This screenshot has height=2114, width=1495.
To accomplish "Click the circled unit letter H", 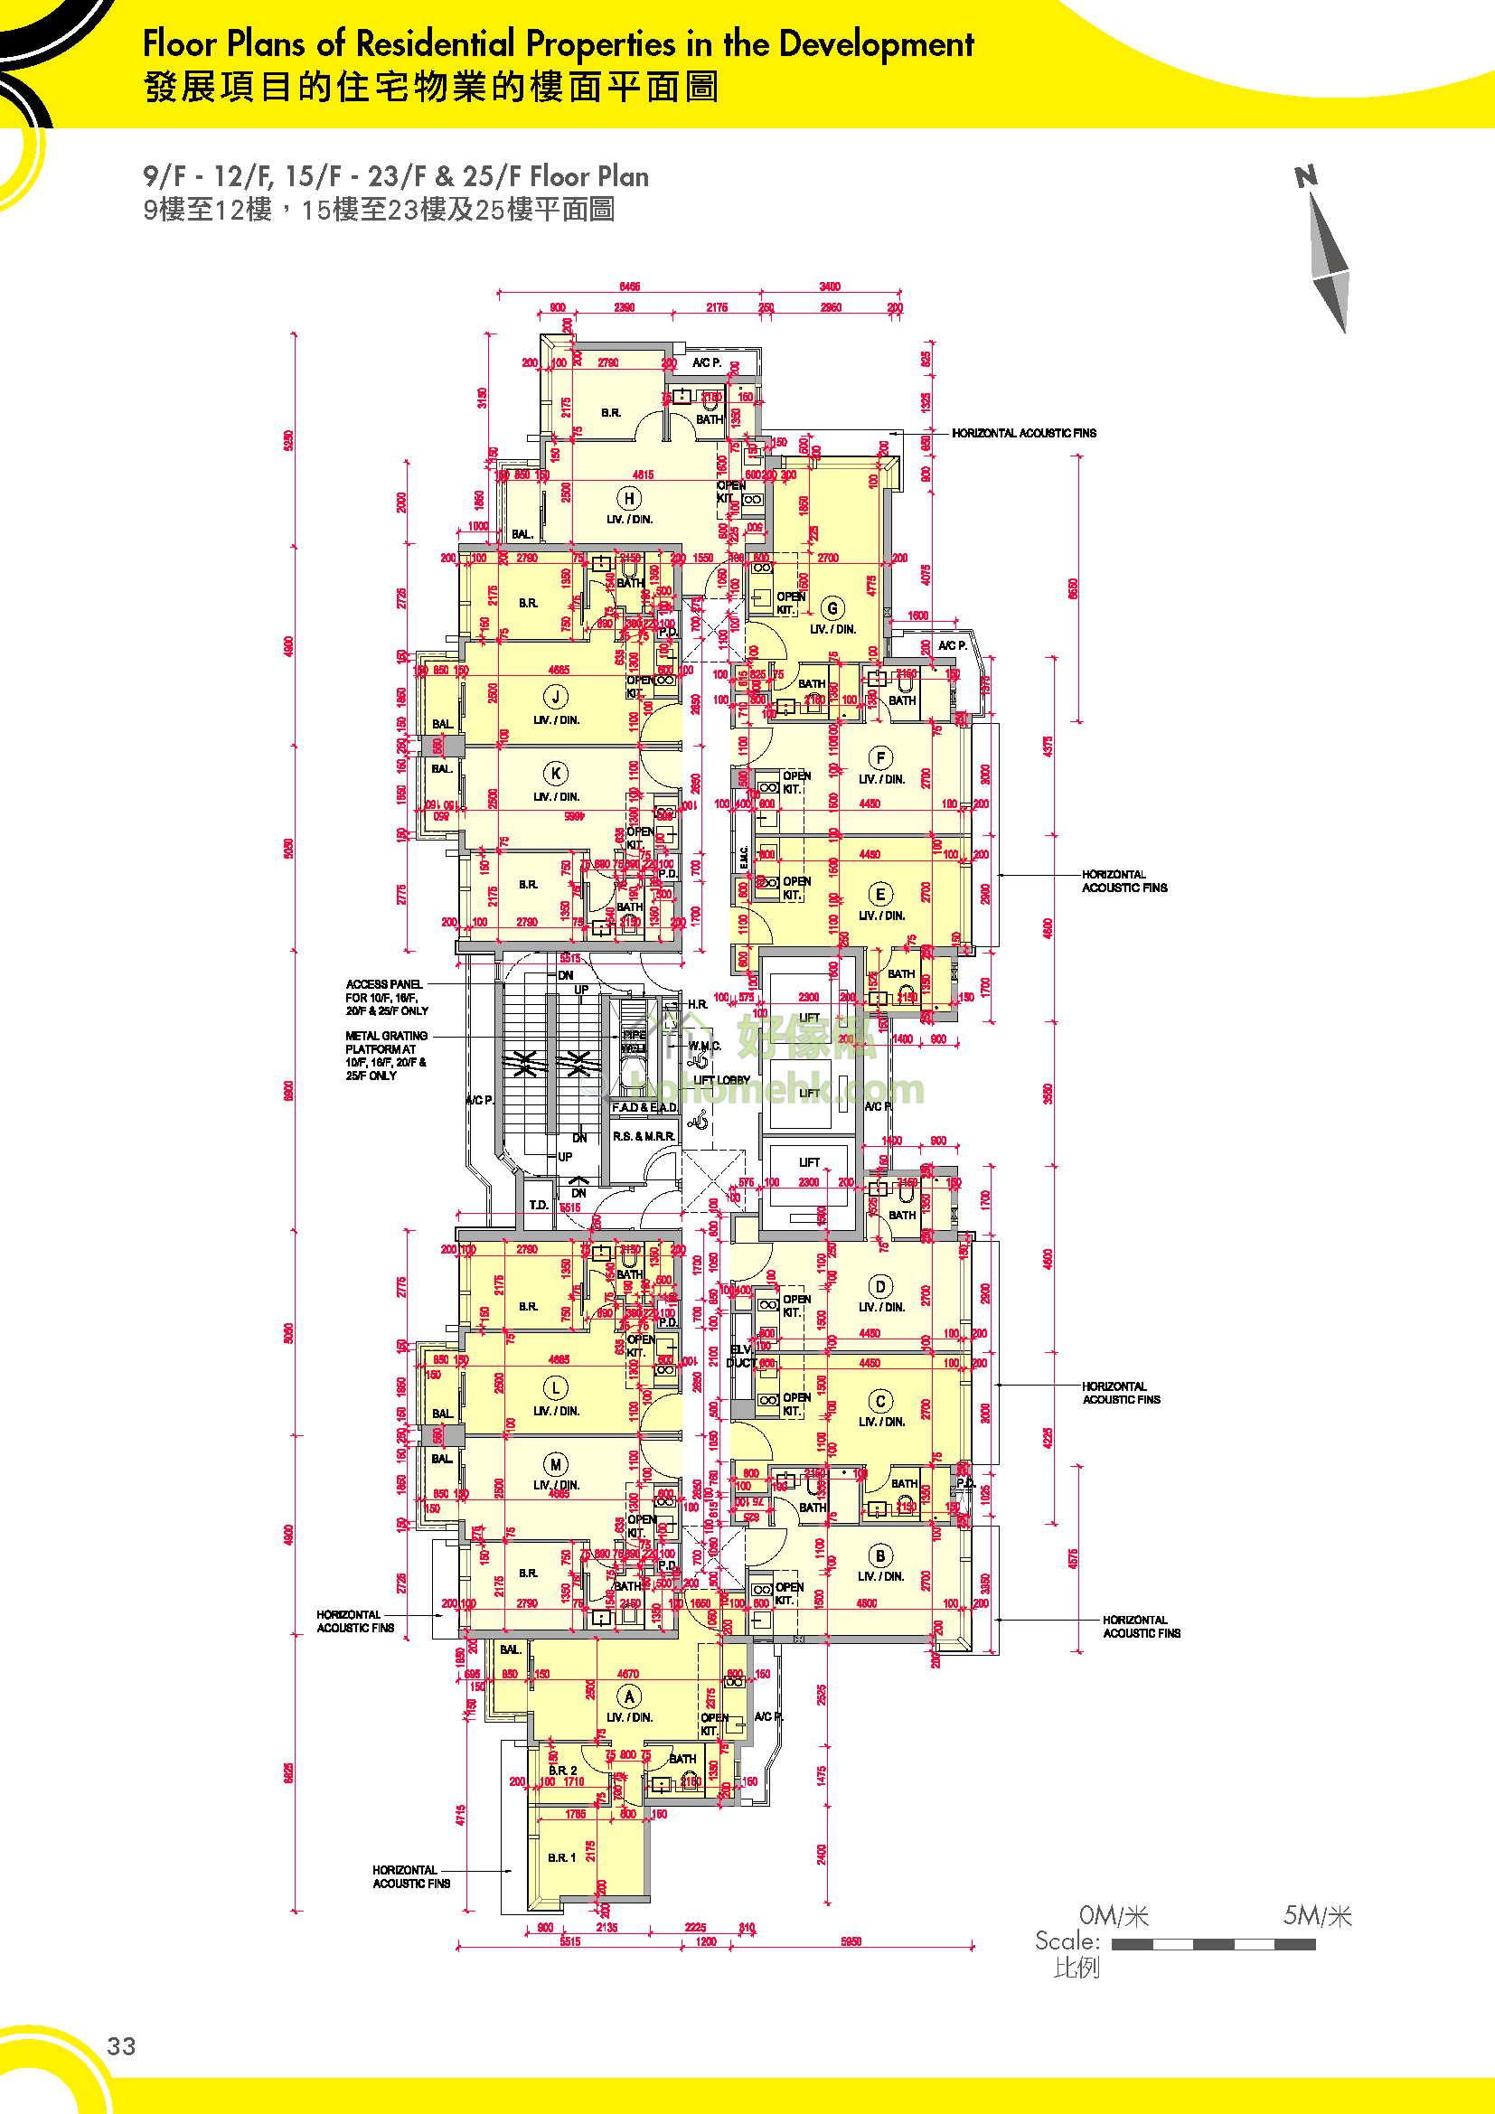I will tap(629, 498).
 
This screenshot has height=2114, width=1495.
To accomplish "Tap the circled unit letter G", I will tap(832, 607).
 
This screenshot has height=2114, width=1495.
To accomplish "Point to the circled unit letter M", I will tap(555, 1464).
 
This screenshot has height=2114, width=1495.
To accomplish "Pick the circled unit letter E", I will tap(880, 894).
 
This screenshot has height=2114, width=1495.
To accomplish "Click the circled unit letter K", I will tap(555, 774).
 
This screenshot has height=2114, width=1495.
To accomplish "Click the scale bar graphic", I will tap(1212, 1944).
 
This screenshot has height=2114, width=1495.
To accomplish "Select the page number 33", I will tap(121, 2046).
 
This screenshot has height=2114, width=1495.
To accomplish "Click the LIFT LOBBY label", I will tap(721, 1080).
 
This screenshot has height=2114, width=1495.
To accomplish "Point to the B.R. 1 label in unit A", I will tap(561, 1857).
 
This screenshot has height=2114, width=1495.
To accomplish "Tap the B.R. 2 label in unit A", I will tap(562, 1770).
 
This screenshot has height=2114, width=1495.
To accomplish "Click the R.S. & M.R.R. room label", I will tap(644, 1136).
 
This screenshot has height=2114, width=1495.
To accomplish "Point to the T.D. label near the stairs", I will tap(539, 1204).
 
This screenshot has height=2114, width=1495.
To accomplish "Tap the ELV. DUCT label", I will tap(741, 1357).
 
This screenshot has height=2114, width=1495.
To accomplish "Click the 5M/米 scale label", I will tap(1317, 1916).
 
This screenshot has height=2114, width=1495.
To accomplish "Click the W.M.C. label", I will tap(704, 1046).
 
